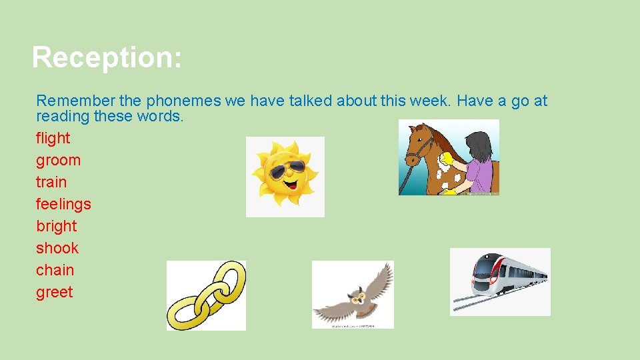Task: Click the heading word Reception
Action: point(106,57)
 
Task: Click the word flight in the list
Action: point(53,138)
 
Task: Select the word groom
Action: point(58,160)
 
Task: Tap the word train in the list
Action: point(51,182)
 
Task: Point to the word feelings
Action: point(63,204)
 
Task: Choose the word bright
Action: point(57,226)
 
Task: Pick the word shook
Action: point(57,248)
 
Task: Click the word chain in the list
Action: point(55,270)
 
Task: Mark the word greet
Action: point(54,292)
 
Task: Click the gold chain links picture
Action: point(206,295)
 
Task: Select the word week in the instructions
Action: point(425,101)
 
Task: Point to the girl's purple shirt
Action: point(481,174)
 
